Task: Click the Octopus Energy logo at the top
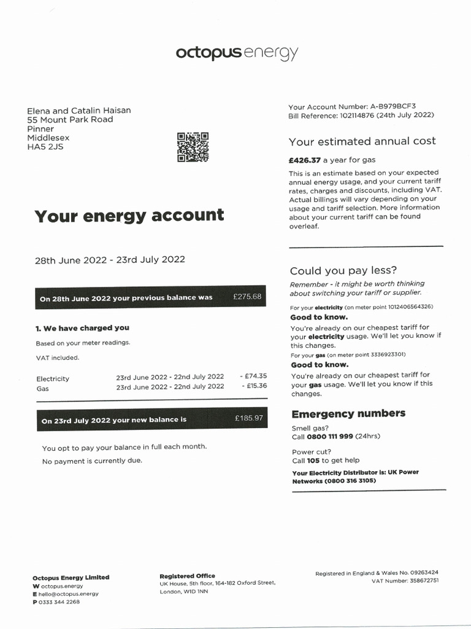point(237,53)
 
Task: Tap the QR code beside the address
point(193,147)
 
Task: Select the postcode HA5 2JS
point(45,147)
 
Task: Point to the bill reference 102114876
point(359,115)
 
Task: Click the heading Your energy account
point(129,216)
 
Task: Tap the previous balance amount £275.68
point(247,297)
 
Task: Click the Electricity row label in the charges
point(53,379)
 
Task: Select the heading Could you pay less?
point(343,271)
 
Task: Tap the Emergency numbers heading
point(348,414)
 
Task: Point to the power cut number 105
point(313,460)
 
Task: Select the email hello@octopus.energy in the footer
point(69,594)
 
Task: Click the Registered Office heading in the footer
point(187,576)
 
